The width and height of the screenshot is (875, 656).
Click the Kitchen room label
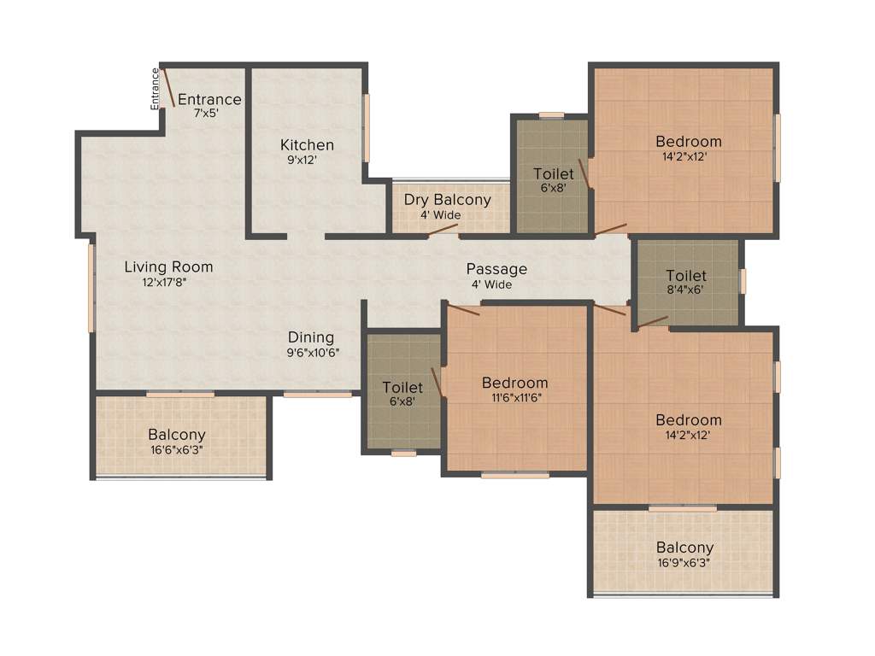pos(308,144)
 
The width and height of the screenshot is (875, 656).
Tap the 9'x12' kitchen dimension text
pos(302,160)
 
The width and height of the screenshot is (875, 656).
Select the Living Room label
pos(168,266)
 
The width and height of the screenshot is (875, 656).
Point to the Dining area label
pos(311,337)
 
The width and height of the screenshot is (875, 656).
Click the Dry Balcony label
pos(448,200)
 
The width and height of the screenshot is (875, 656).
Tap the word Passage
pos(496,269)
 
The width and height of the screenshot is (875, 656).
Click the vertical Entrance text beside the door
pos(156,89)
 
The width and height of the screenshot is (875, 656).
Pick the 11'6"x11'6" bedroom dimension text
pos(514,397)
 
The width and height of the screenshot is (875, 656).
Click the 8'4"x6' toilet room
pos(686,283)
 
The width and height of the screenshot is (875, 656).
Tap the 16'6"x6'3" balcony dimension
pos(176,449)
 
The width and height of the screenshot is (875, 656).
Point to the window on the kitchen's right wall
pos(367,128)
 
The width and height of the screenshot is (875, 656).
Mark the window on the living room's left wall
pos(91,288)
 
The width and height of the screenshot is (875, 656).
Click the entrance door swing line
pos(169,88)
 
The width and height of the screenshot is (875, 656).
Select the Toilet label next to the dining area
pos(402,387)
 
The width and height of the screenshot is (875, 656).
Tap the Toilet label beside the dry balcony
pos(554,173)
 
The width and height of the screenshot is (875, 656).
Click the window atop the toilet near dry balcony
pos(551,114)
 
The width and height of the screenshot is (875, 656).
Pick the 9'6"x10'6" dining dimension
pos(314,352)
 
